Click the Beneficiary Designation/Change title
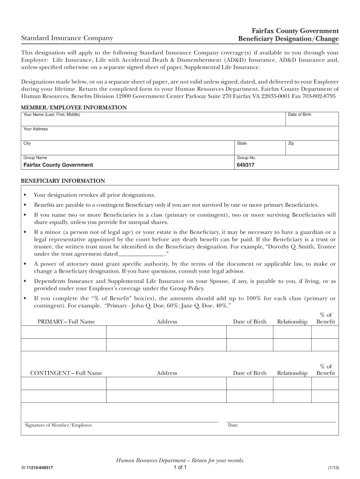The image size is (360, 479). pyautogui.click(x=288, y=38)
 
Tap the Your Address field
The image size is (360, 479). pyautogui.click(x=180, y=133)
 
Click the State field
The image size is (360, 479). pyautogui.click(x=259, y=147)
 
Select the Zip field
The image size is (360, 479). pyautogui.click(x=311, y=147)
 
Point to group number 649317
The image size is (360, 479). pyautogui.click(x=245, y=165)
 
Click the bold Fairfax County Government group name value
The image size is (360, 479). pyautogui.click(x=58, y=165)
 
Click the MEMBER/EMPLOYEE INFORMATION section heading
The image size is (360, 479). pyautogui.click(x=74, y=108)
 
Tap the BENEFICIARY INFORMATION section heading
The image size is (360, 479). pyautogui.click(x=63, y=181)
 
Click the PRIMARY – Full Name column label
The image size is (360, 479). pyautogui.click(x=66, y=321)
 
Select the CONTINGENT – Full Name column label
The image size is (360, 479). pyautogui.click(x=66, y=373)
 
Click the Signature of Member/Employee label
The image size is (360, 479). pyautogui.click(x=58, y=425)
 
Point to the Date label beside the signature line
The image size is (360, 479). pyautogui.click(x=233, y=425)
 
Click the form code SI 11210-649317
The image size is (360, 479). pyautogui.click(x=40, y=468)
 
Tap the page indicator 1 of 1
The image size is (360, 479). pyautogui.click(x=180, y=467)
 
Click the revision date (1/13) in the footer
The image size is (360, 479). pyautogui.click(x=333, y=468)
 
